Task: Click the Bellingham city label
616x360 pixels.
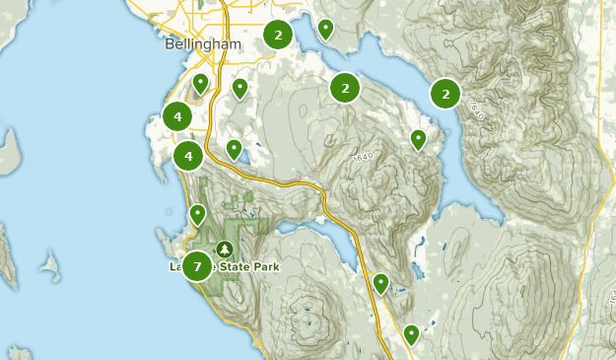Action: click(x=204, y=46)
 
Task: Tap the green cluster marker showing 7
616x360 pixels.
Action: click(x=197, y=266)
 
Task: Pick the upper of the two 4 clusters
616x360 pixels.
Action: click(x=177, y=117)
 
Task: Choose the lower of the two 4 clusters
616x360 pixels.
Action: click(x=188, y=156)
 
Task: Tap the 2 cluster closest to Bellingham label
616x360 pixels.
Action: click(x=279, y=36)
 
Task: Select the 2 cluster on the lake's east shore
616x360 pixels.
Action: click(x=446, y=94)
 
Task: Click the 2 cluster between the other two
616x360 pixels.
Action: click(x=345, y=89)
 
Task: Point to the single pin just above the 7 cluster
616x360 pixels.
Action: click(x=197, y=213)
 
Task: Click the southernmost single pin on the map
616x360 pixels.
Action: click(x=411, y=334)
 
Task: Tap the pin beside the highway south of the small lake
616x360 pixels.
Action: click(x=380, y=284)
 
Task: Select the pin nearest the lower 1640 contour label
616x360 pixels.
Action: click(x=418, y=139)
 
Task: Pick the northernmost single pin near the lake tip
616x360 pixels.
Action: click(x=325, y=29)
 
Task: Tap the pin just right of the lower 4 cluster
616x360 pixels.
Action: click(x=234, y=149)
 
